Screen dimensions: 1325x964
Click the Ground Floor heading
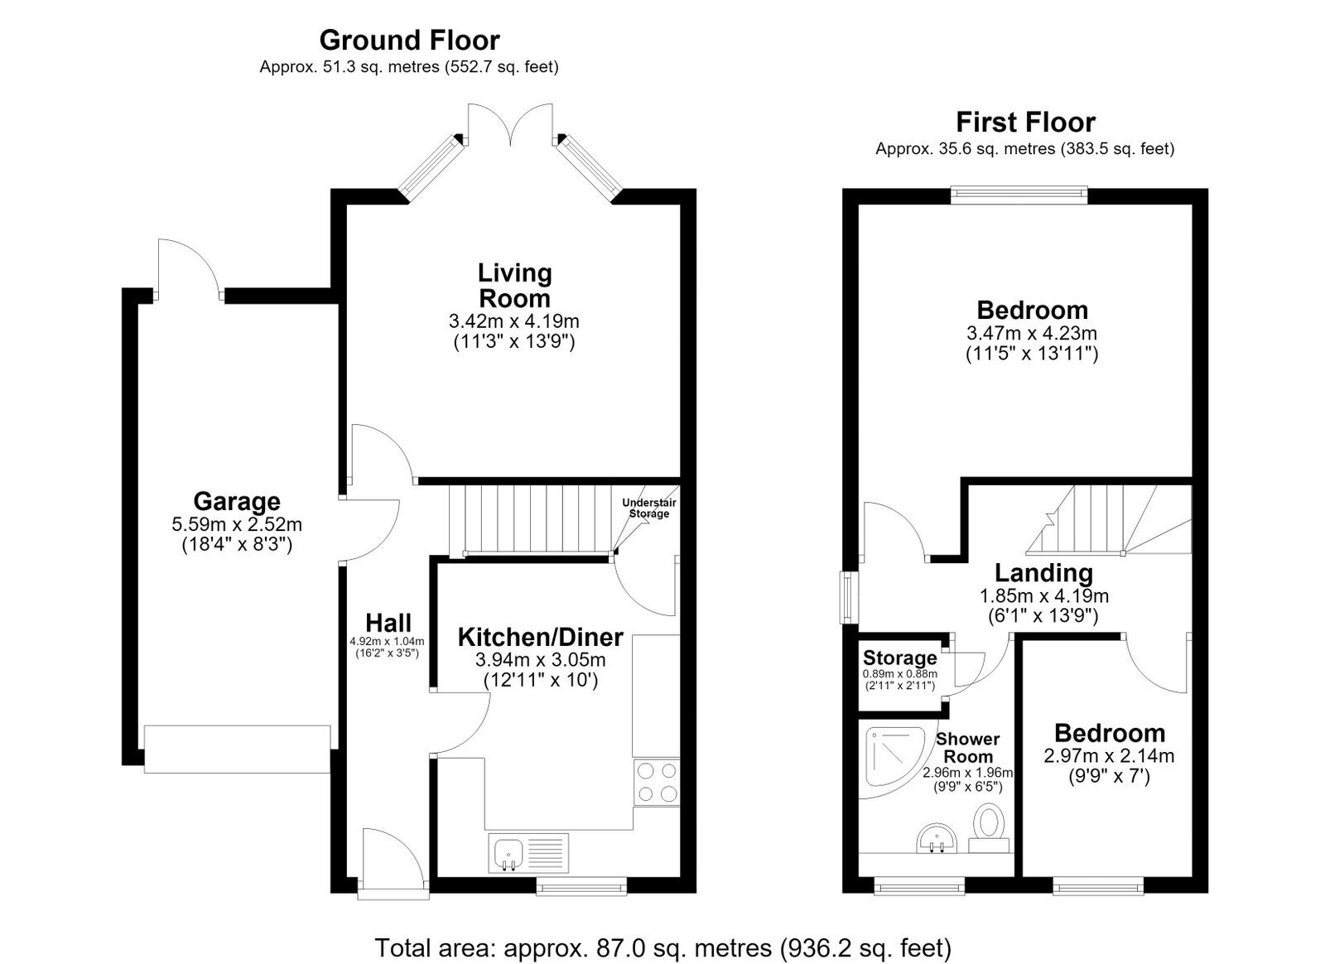click(409, 41)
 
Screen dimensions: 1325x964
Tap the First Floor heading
click(1026, 123)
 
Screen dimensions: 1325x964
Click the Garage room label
click(237, 501)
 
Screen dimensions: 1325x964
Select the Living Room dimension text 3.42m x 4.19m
click(514, 321)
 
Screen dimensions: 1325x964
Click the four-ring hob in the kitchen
click(657, 782)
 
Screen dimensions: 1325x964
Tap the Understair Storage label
click(649, 508)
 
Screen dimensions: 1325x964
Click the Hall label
click(388, 623)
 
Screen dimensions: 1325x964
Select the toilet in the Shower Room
click(989, 827)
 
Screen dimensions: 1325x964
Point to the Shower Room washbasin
click(937, 839)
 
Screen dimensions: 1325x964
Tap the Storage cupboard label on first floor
click(899, 658)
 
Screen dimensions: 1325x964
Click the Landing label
click(1044, 572)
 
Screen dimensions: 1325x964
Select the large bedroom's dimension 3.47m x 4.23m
click(1032, 333)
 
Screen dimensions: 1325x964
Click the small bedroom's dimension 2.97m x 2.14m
click(1109, 756)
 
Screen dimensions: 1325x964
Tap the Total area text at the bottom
click(663, 947)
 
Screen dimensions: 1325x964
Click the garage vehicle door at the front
click(237, 749)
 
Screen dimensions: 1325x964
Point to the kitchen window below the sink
click(581, 885)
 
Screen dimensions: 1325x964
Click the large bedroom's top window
click(1019, 195)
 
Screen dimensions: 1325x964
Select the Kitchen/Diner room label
click(540, 637)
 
